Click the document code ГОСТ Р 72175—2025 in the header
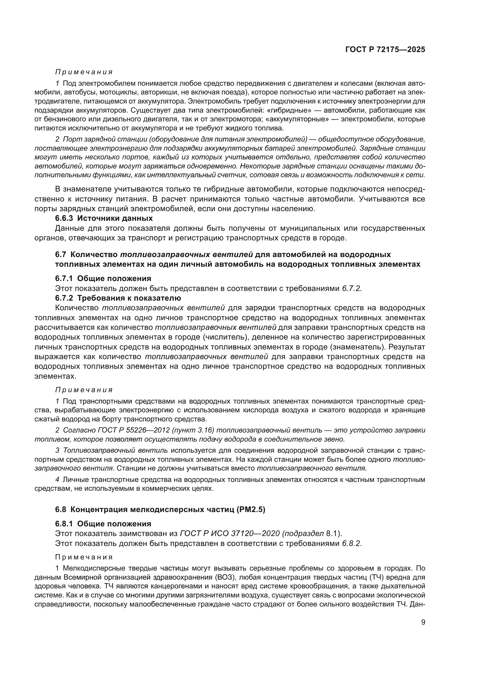tap(385, 50)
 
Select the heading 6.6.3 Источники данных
tap(104, 218)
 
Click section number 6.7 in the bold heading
tap(62, 254)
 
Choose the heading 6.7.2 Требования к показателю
tap(118, 298)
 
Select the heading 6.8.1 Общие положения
tap(103, 524)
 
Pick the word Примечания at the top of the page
tap(84, 72)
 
